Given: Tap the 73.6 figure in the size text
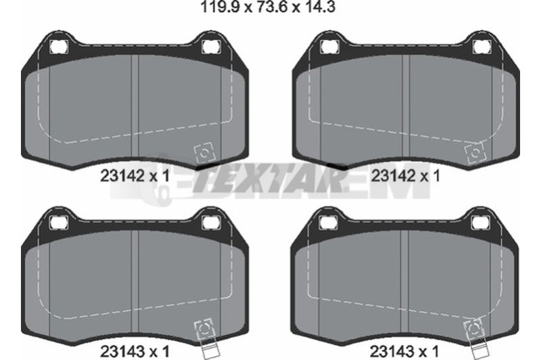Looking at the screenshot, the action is pyautogui.click(x=272, y=7).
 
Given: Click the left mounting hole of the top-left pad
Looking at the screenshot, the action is pyautogui.click(x=59, y=47).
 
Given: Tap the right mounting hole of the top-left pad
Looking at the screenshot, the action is pyautogui.click(x=211, y=47).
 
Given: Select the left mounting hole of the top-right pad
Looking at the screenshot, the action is pyautogui.click(x=329, y=47).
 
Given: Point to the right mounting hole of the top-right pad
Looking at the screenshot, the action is pyautogui.click(x=481, y=47).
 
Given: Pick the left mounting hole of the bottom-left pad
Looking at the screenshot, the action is pyautogui.click(x=59, y=222).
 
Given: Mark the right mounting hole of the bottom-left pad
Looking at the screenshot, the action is pyautogui.click(x=211, y=222).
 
